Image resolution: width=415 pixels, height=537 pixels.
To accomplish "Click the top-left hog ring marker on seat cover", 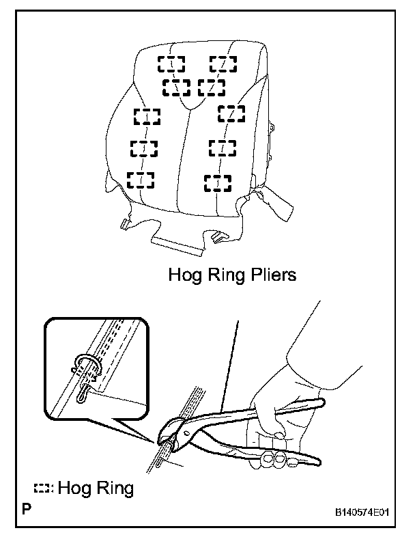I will coord(171,64).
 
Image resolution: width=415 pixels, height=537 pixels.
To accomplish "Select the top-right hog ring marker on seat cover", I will coord(223,64).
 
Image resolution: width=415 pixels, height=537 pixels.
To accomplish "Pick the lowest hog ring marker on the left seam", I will coord(141,180).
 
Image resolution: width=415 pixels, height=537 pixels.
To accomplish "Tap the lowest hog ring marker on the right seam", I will coord(218,182).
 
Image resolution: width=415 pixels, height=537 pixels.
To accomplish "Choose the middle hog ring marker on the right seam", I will coord(222,147).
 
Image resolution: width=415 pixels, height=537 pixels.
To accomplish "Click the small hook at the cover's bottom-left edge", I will coord(124,223).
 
